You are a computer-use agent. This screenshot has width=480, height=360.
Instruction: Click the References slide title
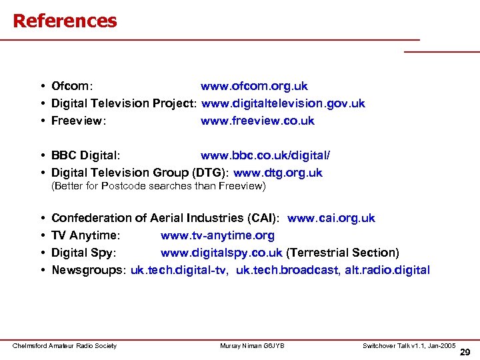coord(65,21)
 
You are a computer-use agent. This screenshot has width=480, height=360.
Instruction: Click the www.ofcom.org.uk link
coord(254,87)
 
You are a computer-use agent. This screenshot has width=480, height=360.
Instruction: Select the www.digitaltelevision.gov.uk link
coord(283,104)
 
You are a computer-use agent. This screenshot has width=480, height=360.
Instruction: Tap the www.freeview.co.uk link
coord(257,121)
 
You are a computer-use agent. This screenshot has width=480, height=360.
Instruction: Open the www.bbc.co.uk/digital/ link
coord(265,155)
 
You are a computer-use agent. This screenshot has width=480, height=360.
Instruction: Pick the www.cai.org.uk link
coord(331,218)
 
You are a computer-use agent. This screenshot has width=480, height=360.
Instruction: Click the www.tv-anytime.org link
coord(217,235)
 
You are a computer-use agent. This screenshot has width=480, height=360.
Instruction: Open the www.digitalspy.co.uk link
coord(221,253)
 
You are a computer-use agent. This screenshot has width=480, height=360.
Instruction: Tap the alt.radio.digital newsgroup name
coord(387,270)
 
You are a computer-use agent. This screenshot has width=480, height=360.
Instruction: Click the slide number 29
coord(465,352)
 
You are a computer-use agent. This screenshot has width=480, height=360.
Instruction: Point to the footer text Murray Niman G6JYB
coord(252,345)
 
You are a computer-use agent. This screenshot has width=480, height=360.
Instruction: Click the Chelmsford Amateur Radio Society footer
coord(65,345)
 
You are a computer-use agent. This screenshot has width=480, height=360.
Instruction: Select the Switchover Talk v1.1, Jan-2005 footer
coord(409,345)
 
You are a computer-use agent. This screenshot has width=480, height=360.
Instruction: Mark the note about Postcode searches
coord(159,187)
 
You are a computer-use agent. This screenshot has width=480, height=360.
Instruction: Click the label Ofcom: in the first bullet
coord(72,87)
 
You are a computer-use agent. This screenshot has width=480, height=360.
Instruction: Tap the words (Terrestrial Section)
coord(342,253)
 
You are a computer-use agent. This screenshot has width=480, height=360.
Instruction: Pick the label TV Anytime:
coord(85,235)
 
